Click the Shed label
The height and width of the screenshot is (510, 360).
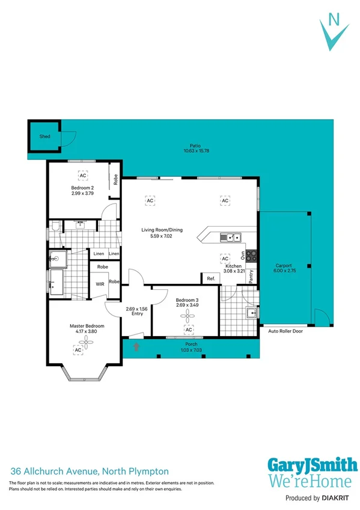(45, 137)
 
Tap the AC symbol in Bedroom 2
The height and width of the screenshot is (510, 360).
(82, 175)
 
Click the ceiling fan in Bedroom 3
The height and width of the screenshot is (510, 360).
(188, 316)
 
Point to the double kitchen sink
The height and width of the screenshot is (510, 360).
(230, 238)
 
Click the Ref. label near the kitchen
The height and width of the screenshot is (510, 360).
(210, 278)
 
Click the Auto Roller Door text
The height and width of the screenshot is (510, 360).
(286, 331)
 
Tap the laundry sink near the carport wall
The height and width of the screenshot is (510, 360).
(252, 312)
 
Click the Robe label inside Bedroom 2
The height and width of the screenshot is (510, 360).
(114, 180)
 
